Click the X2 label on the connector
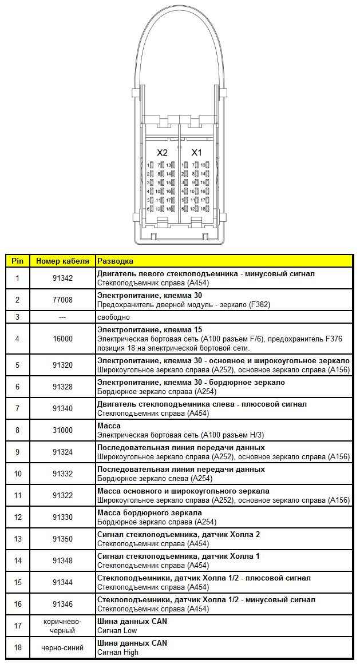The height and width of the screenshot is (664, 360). pyautogui.click(x=163, y=153)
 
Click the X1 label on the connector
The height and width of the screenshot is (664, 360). pyautogui.click(x=196, y=153)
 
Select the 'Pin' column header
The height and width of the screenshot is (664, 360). pyautogui.click(x=17, y=261)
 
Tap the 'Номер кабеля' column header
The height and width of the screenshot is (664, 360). pyautogui.click(x=62, y=261)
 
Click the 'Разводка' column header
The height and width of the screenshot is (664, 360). pyautogui.click(x=115, y=261)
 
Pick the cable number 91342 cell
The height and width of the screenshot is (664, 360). pyautogui.click(x=62, y=278)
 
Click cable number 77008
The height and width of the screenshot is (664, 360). pyautogui.click(x=62, y=300)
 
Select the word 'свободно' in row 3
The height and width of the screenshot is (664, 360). pyautogui.click(x=113, y=317)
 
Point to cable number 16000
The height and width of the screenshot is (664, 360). pyautogui.click(x=62, y=339)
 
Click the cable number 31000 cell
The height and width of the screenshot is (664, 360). pyautogui.click(x=62, y=430)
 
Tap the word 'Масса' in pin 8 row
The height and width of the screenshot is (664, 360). pyautogui.click(x=109, y=426)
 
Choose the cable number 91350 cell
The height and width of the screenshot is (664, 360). pyautogui.click(x=62, y=539)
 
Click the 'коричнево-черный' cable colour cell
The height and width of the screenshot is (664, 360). pyautogui.click(x=62, y=626)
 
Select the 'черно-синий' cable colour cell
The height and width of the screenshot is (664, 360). pyautogui.click(x=62, y=647)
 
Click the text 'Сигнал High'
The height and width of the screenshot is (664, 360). pyautogui.click(x=117, y=652)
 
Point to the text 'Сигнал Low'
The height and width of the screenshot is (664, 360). pyautogui.click(x=117, y=630)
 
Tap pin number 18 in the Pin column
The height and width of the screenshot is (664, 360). pyautogui.click(x=17, y=647)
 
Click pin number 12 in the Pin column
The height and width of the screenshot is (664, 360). pyautogui.click(x=17, y=517)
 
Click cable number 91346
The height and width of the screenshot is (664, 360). pyautogui.click(x=62, y=604)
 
